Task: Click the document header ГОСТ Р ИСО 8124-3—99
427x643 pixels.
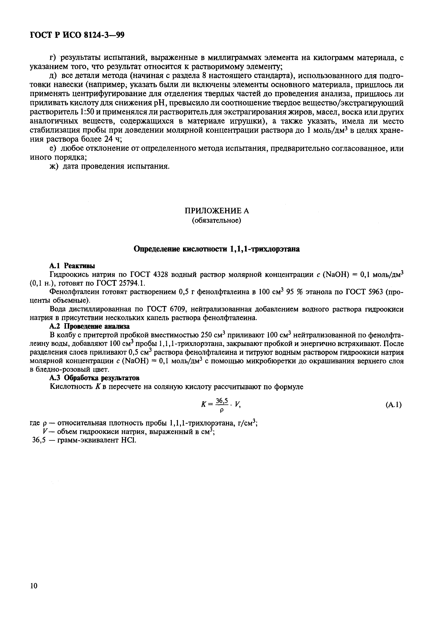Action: (x=77, y=35)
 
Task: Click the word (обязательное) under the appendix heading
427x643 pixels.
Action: (x=217, y=220)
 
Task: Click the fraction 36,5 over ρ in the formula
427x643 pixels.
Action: (x=222, y=405)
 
